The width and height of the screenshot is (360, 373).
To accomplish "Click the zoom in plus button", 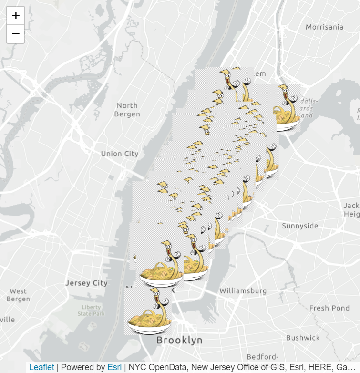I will coord(16,16).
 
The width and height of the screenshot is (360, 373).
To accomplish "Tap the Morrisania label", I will coord(324,27).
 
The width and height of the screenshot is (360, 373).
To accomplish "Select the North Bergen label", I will coord(127,110).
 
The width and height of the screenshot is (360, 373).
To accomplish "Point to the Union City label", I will coord(119,154).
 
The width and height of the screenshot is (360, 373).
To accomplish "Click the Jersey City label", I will coord(86,283).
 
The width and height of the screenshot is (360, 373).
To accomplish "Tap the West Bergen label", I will coord(18,295).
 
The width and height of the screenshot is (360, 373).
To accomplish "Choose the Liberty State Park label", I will coord(91,310).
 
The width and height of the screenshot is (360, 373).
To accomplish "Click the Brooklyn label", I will coord(179,341).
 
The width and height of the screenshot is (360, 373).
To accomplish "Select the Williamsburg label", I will coord(243,290).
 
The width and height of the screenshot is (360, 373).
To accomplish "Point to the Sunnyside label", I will coord(299,226).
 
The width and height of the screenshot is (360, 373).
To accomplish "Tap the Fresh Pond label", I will coord(329,308).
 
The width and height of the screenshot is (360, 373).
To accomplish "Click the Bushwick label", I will coord(303,338).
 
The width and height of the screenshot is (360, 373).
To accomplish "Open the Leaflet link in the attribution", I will coord(41,367).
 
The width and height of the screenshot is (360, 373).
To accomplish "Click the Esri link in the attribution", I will coord(114,367).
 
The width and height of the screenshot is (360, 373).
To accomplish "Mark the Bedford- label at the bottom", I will coord(263,357).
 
